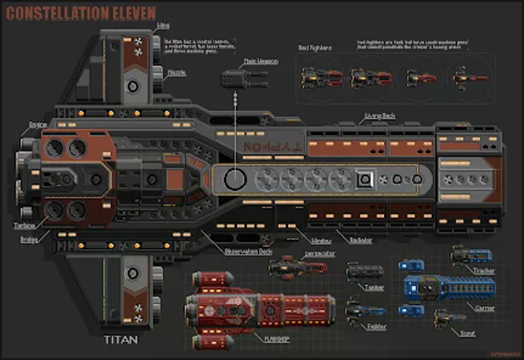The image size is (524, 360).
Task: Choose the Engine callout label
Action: tap(38, 124)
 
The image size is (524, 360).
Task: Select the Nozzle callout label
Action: tap(177, 73)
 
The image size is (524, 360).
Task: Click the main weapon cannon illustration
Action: tap(239, 80)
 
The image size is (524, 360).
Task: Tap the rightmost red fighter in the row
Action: tap(465, 79)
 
